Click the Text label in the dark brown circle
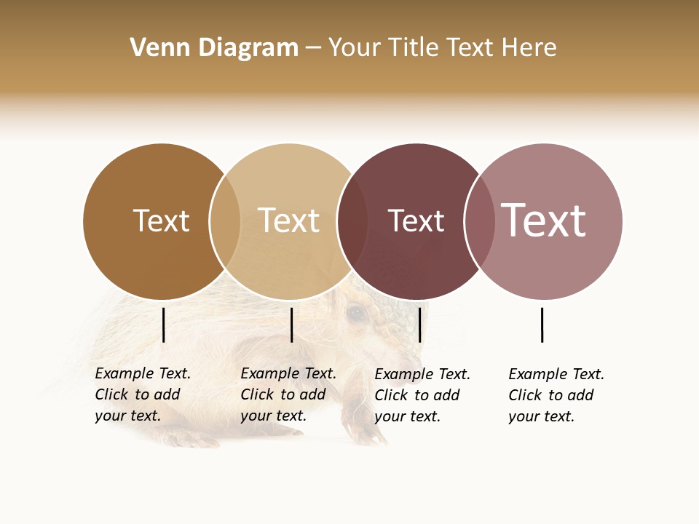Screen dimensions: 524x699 pyautogui.click(x=161, y=221)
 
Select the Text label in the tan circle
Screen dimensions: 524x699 pyautogui.click(x=288, y=221)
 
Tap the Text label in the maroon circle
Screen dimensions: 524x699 pyautogui.click(x=416, y=221)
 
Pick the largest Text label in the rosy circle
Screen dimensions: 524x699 pyautogui.click(x=543, y=221)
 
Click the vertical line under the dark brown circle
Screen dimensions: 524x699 pyautogui.click(x=163, y=325)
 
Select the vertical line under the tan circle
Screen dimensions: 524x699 pyautogui.click(x=291, y=325)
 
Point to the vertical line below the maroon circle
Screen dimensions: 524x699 pyautogui.click(x=420, y=325)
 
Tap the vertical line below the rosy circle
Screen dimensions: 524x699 pyautogui.click(x=542, y=325)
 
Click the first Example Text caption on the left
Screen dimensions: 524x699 pyautogui.click(x=142, y=394)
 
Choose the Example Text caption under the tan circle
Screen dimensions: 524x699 pyautogui.click(x=288, y=394)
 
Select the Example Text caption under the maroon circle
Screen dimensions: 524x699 pyautogui.click(x=422, y=394)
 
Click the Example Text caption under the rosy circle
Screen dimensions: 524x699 pyautogui.click(x=556, y=394)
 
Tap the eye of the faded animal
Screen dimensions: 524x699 pyautogui.click(x=356, y=313)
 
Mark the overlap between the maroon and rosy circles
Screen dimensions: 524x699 pyautogui.click(x=479, y=221)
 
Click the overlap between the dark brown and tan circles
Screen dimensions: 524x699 pyautogui.click(x=225, y=221)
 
